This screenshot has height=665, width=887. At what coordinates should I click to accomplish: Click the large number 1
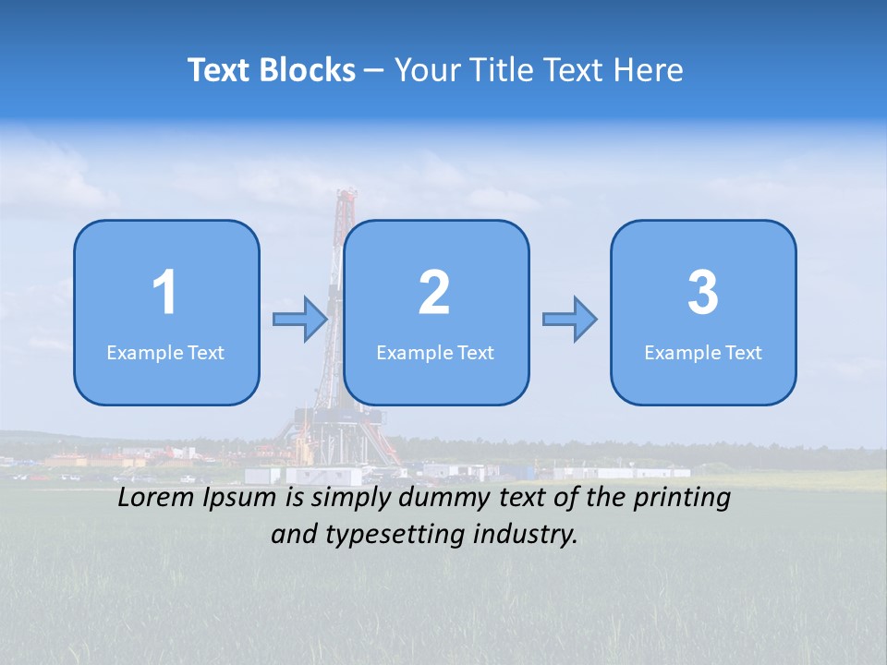point(165,293)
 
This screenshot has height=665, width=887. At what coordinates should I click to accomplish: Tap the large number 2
point(434,293)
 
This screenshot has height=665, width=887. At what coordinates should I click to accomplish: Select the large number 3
point(703,293)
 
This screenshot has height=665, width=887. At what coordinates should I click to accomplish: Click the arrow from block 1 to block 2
point(300,320)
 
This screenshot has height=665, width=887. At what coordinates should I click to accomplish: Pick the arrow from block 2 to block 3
point(570,320)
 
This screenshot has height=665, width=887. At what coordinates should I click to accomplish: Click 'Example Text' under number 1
point(165,353)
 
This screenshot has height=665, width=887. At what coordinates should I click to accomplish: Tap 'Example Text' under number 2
point(435,353)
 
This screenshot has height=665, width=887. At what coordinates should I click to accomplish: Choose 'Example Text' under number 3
point(703,353)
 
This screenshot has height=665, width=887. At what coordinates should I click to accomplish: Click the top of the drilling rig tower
point(346,194)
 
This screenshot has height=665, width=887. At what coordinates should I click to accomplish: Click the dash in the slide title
point(374,70)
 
